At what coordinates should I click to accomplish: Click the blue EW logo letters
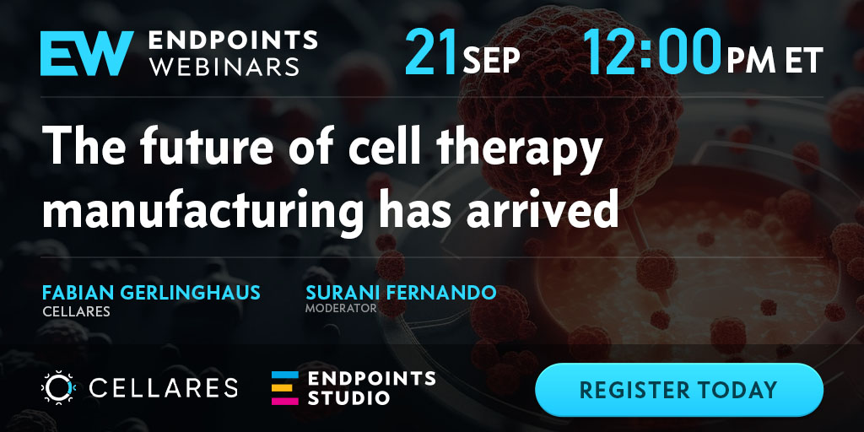tap(87, 53)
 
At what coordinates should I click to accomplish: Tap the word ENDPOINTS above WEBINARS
tap(233, 40)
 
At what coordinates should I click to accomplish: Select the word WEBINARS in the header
tap(224, 66)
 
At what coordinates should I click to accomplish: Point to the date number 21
tap(431, 53)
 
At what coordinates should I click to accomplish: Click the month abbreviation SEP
tap(492, 60)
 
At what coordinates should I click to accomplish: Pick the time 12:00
tap(652, 53)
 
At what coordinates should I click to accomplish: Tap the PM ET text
tap(775, 60)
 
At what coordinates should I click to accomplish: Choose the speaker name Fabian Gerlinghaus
tap(151, 293)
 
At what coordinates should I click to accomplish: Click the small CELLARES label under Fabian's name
tap(76, 312)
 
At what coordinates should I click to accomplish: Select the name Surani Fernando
tap(401, 293)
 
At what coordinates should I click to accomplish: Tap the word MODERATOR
tap(341, 308)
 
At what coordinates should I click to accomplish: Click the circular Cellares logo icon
tap(58, 387)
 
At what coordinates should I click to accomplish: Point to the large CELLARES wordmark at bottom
tap(163, 388)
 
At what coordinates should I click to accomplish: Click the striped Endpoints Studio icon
tap(285, 388)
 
